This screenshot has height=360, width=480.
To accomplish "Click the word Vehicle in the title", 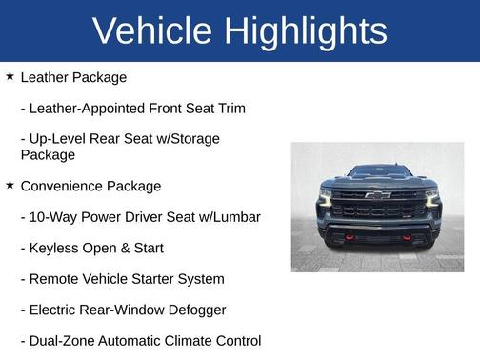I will click(153, 30).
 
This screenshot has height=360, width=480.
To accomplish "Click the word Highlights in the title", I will click(306, 30).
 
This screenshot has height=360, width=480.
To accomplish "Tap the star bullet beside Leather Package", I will click(10, 76).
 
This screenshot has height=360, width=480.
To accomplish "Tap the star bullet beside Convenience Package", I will click(10, 185).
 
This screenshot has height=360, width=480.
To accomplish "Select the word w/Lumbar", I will click(228, 217).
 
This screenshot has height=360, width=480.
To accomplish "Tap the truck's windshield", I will click(377, 171).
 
